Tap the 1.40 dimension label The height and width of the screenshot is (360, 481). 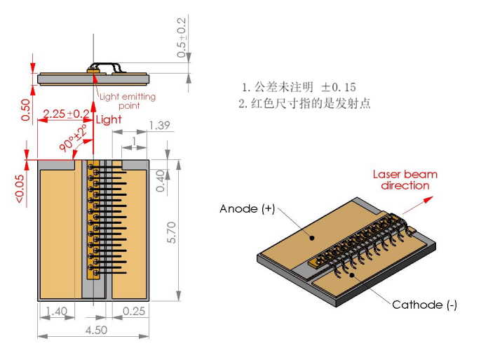[56, 311]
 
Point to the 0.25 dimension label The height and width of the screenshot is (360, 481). [134, 311]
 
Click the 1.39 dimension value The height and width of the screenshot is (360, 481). [159, 126]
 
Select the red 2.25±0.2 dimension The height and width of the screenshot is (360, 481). [66, 114]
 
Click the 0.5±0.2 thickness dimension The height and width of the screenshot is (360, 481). [182, 38]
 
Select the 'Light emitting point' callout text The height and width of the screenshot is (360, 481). [127, 101]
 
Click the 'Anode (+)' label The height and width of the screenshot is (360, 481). [247, 209]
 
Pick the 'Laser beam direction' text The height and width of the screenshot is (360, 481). [405, 180]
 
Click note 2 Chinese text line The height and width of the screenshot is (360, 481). [304, 103]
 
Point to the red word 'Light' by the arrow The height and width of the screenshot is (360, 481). [108, 119]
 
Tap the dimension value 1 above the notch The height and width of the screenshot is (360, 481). [133, 141]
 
